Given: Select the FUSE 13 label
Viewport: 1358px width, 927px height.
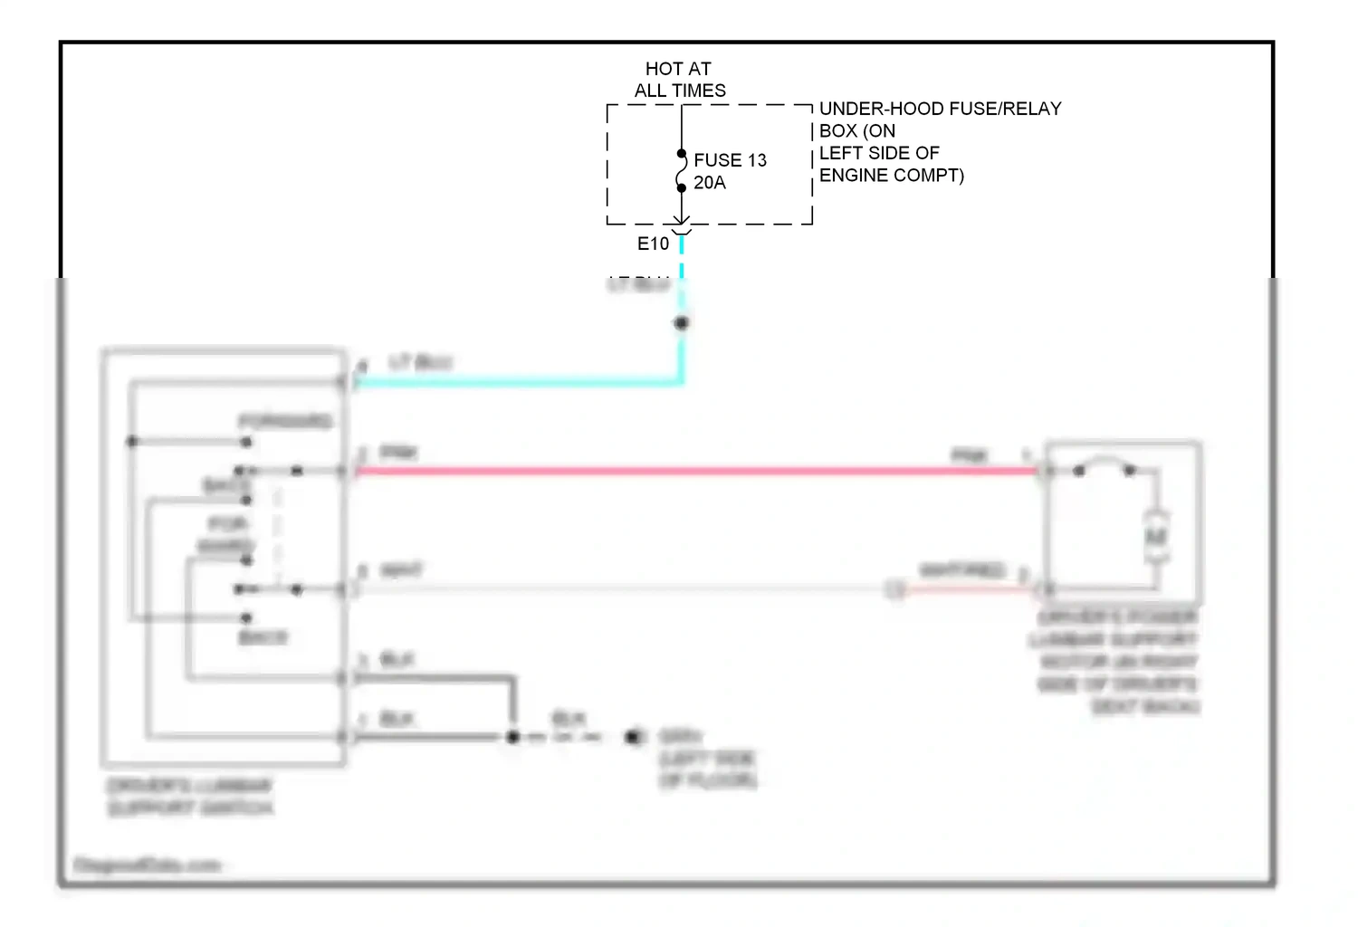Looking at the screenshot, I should click(730, 160).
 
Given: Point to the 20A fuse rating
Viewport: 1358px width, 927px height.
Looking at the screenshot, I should click(710, 183).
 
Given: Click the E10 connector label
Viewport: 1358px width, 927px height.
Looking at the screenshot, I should click(653, 244).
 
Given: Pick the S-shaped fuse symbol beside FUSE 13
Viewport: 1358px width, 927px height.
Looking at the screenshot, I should click(681, 171).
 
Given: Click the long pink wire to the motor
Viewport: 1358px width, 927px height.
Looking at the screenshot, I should click(697, 471).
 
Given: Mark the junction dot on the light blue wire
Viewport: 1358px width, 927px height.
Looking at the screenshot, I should click(682, 323).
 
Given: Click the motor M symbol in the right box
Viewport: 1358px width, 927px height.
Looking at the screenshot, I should click(1156, 538).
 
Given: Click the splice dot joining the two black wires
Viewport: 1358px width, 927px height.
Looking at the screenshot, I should click(512, 737).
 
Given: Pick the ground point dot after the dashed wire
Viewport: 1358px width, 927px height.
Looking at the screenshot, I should click(632, 737).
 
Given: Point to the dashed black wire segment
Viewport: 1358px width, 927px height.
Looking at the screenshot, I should click(566, 738).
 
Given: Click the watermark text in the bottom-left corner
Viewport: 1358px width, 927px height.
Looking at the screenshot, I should click(147, 865).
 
